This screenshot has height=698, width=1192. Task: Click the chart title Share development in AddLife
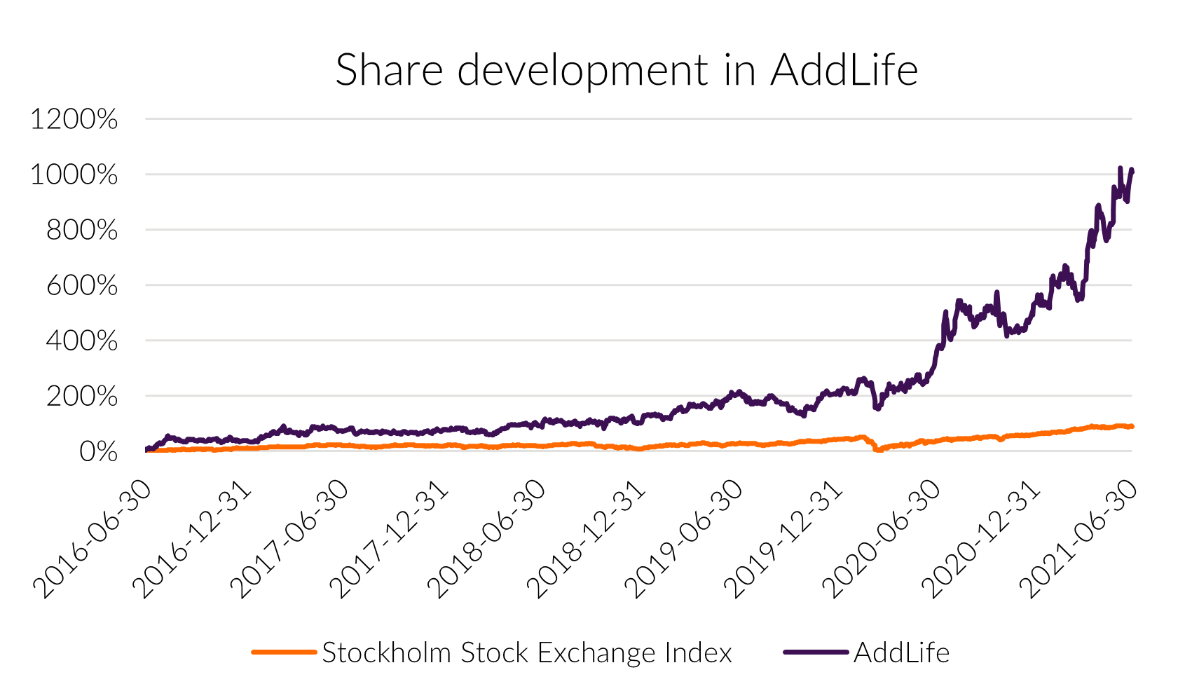pos(626,70)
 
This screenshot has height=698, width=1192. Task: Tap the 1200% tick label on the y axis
pos(74,120)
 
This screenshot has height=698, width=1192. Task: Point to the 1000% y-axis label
pos(74,175)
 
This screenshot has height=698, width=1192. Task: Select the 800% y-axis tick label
pos(81,231)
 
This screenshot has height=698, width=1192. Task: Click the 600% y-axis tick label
pos(81,286)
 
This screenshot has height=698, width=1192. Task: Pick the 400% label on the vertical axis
pos(81,341)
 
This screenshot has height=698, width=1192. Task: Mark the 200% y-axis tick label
pos(81,397)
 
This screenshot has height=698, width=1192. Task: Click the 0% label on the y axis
pos(98,452)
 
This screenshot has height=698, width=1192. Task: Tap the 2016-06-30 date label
pos(93,539)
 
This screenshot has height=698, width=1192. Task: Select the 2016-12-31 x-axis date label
pos(192,539)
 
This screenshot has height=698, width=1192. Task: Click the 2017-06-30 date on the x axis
pos(290,539)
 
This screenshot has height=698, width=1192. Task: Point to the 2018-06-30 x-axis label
pos(488,539)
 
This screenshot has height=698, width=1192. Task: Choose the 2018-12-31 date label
pos(587,539)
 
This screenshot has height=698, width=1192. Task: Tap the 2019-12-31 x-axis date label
pos(783,539)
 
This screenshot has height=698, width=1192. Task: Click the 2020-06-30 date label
pos(882,539)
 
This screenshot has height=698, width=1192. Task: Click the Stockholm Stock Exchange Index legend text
pos(527,653)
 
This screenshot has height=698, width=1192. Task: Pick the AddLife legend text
pos(902,653)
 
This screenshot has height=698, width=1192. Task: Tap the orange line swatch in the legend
pos(284,652)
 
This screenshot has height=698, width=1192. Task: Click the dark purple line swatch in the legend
pos(816,652)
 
